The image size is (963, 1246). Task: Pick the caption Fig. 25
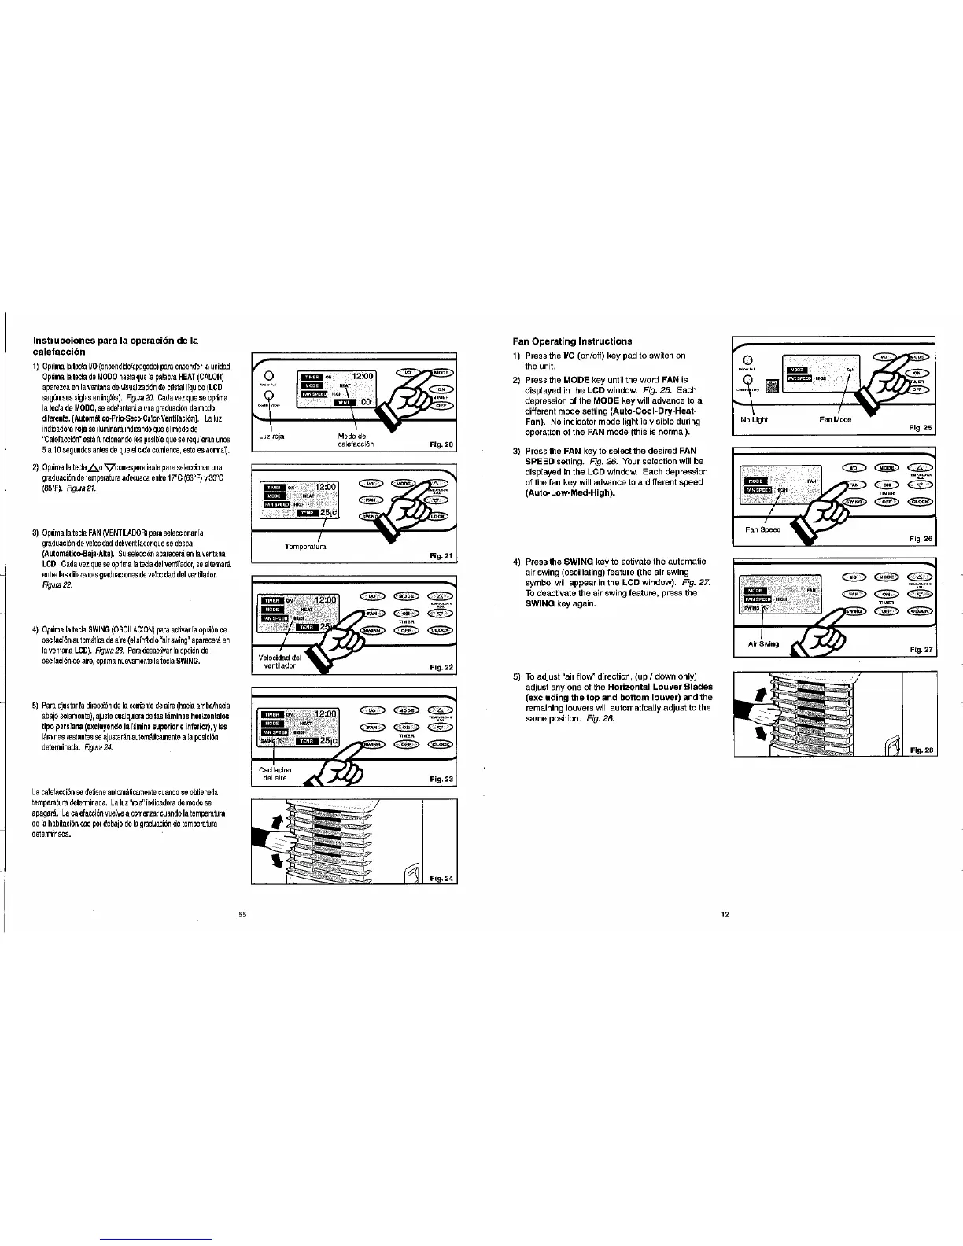pyautogui.click(x=920, y=427)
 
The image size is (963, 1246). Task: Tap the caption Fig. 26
pyautogui.click(x=920, y=539)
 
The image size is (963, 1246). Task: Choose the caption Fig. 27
pyautogui.click(x=920, y=650)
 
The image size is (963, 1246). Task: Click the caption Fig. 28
pyautogui.click(x=921, y=750)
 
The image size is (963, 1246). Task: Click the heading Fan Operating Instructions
pyautogui.click(x=572, y=341)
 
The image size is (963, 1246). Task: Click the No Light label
pyautogui.click(x=755, y=419)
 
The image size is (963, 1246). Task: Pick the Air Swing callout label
pyautogui.click(x=763, y=643)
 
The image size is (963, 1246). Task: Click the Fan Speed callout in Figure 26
pyautogui.click(x=762, y=529)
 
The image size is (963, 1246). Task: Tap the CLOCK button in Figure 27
pyautogui.click(x=920, y=610)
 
